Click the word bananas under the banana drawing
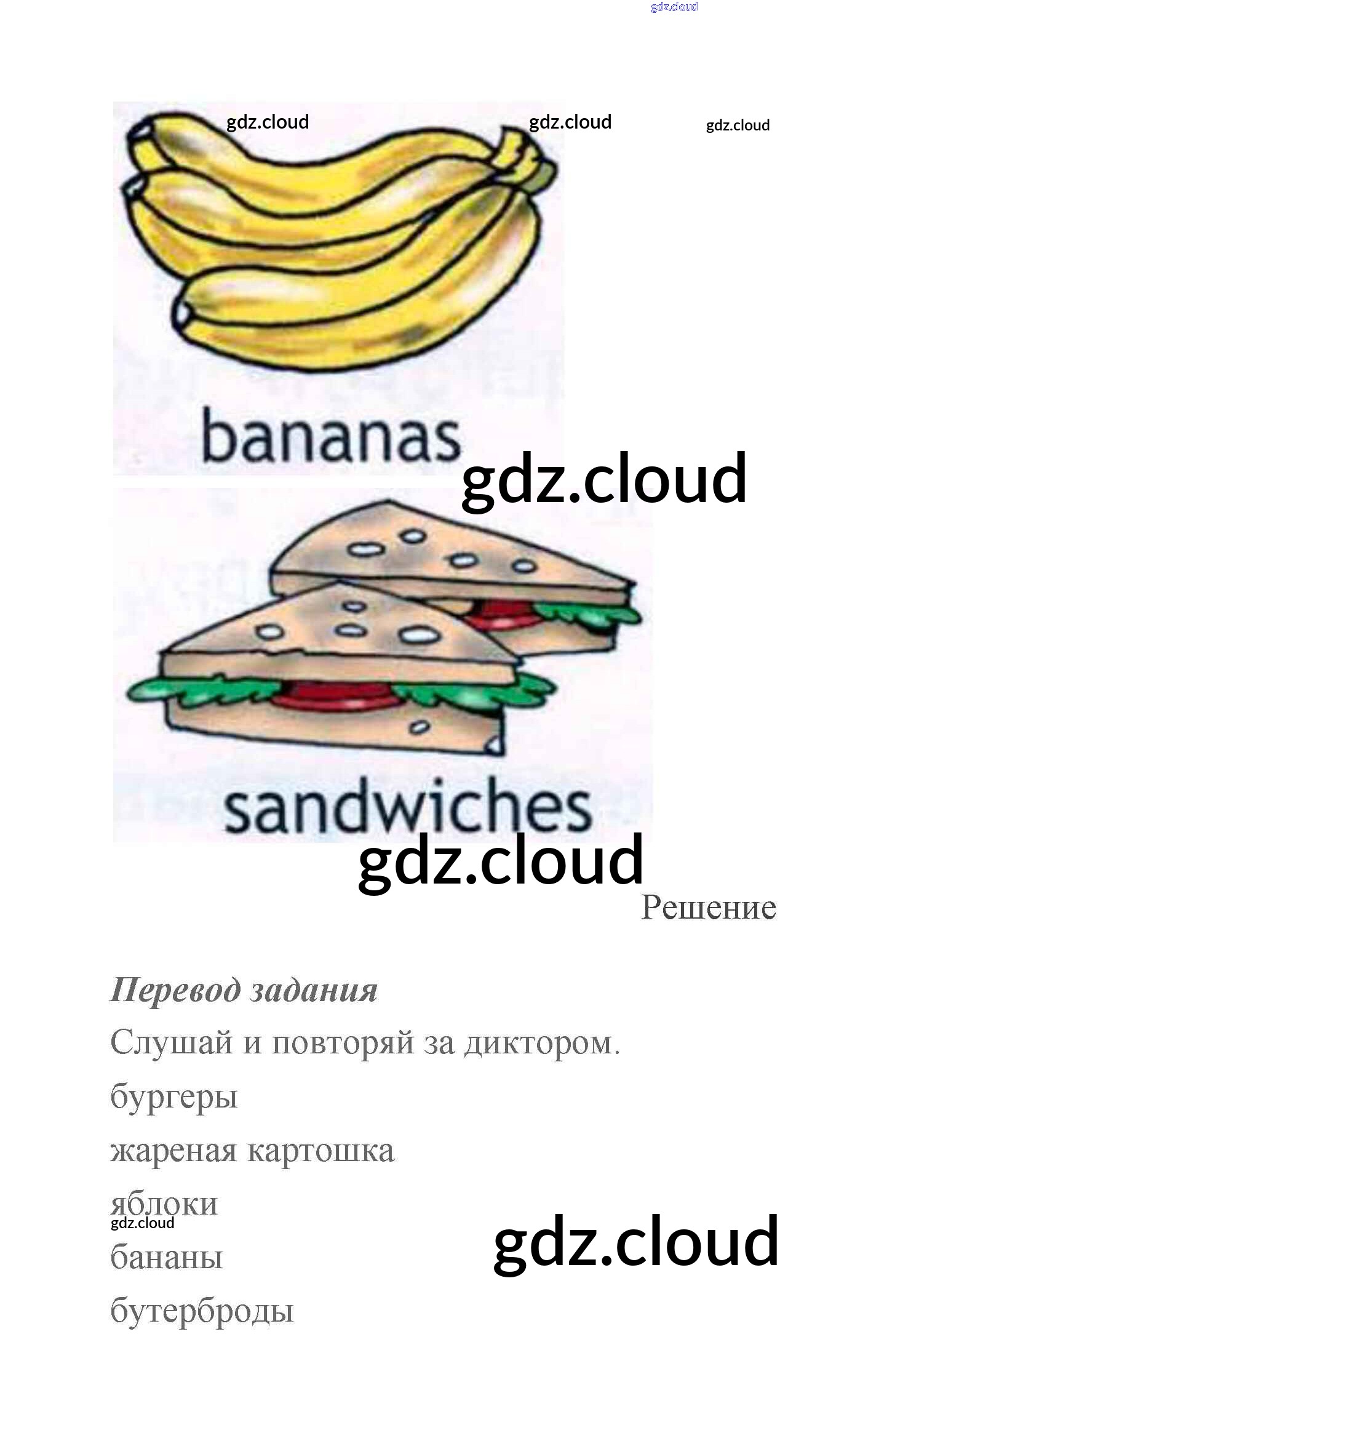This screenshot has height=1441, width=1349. point(330,436)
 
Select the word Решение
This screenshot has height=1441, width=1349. point(708,907)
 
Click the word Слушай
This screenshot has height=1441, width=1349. point(172,1042)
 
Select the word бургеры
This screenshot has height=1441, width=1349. point(174,1096)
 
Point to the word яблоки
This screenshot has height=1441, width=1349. point(164,1203)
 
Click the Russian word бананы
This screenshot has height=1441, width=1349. point(166,1257)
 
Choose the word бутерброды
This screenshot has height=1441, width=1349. point(201,1311)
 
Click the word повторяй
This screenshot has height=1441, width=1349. point(343,1042)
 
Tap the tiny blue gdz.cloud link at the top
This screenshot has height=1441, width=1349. point(674,7)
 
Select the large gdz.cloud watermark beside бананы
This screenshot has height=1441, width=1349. point(635,1242)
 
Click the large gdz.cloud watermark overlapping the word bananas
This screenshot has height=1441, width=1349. point(603,479)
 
